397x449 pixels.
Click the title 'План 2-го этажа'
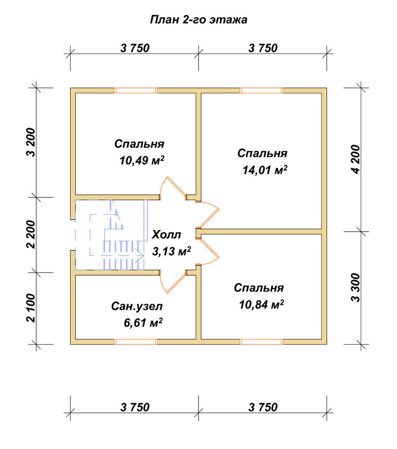198,20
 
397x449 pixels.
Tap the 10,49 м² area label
142,160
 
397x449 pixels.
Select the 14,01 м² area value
265,170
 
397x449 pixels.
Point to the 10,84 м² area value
262,304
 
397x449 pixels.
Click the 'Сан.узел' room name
137,306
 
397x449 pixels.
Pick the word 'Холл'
166,234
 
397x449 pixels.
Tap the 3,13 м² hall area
171,251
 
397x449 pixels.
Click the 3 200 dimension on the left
31,142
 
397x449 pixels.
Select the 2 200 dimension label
31,234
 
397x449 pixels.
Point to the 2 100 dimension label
31,308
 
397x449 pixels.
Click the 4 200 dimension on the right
356,159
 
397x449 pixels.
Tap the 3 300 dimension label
356,288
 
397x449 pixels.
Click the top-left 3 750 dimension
135,48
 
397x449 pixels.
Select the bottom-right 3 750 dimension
263,407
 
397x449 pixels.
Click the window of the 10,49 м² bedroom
135,91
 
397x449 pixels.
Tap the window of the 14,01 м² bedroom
261,91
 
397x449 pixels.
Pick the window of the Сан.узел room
135,342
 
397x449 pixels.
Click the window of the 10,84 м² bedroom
261,342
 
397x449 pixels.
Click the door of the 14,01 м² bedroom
208,214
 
